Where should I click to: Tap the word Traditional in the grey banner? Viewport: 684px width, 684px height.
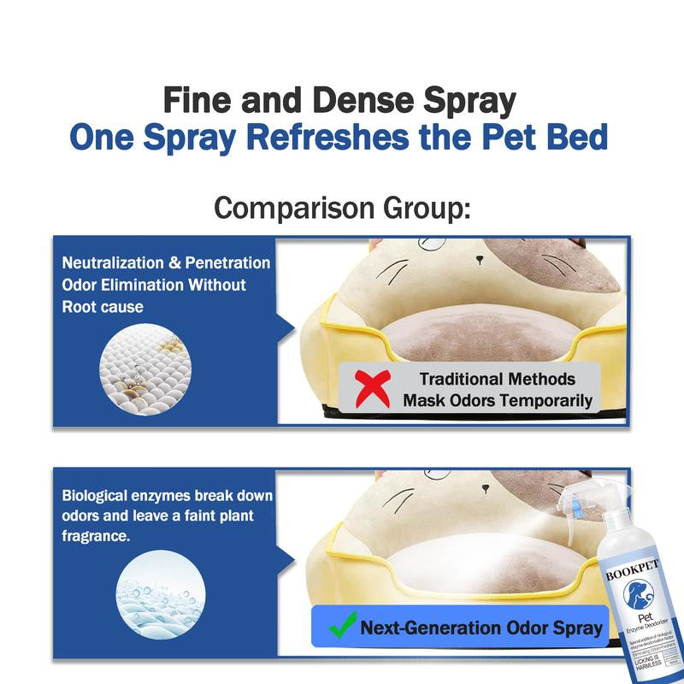coord(467,379)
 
